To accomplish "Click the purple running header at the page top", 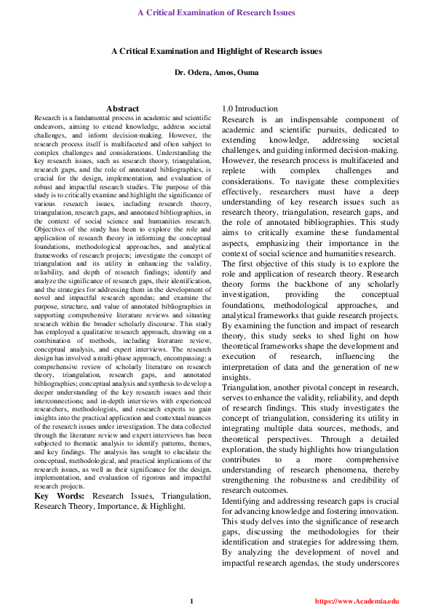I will point(216,12).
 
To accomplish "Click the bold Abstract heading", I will point(122,108).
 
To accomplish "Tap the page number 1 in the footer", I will point(191,601).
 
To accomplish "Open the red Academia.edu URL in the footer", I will point(357,601).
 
